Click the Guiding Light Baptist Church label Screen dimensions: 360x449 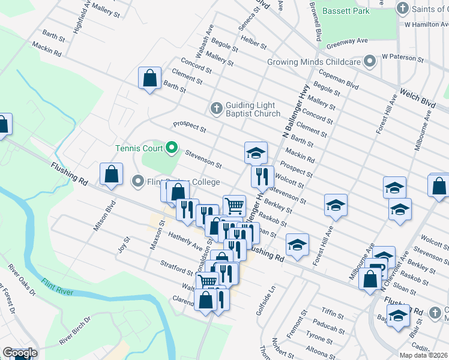(253, 109)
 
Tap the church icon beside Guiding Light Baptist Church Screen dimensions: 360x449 (217, 109)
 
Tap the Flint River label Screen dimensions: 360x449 (57, 285)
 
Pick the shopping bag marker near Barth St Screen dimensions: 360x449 (149, 78)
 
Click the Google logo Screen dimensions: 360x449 (19, 353)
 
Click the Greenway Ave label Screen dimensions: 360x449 (347, 44)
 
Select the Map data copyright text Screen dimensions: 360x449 (424, 355)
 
